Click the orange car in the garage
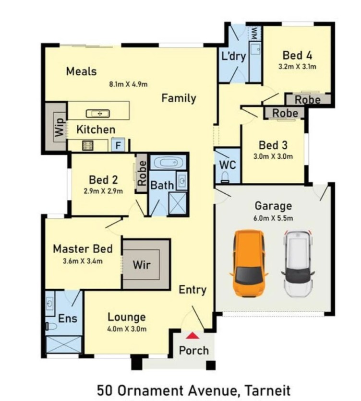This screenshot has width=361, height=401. point(249,263)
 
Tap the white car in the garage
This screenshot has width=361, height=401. point(298,264)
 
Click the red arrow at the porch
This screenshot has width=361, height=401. point(193,336)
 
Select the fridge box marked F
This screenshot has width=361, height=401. point(118,145)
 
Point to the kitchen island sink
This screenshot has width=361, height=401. point(97,113)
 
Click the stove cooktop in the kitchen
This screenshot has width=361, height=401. point(87,146)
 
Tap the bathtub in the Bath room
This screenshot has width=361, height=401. point(168,163)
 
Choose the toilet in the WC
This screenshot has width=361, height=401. point(225,177)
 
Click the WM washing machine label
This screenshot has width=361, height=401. point(254,33)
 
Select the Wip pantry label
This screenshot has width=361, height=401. point(60,127)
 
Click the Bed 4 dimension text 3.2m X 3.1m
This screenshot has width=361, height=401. point(297,67)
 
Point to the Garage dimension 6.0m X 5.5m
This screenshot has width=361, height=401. point(273,218)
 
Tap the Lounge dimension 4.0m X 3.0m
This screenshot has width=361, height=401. point(127,329)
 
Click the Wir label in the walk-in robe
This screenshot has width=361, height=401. point(142,265)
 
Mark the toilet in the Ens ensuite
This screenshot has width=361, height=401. point(51,326)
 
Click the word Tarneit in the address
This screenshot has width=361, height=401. point(268,391)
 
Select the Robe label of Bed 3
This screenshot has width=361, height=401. point(285,113)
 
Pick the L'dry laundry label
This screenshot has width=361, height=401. point(233,56)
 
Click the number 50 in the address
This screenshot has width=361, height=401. point(105,391)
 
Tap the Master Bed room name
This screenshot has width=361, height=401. point(83,249)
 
